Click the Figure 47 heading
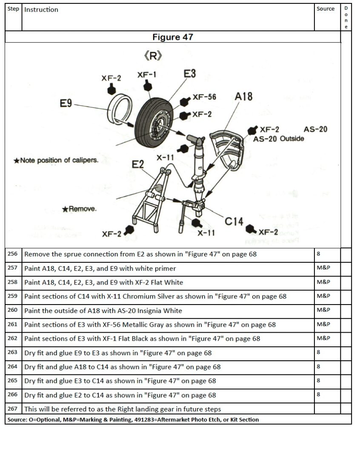tap(173, 37)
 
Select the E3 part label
tap(189, 74)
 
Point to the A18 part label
tap(243, 97)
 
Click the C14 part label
tap(234, 221)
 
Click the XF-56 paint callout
tap(204, 97)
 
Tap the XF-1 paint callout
tap(147, 75)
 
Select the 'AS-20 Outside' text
tap(279, 139)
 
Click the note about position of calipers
tap(56, 161)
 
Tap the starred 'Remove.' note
tap(79, 209)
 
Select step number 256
tap(13, 254)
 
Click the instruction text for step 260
tap(103, 310)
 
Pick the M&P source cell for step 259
tap(323, 296)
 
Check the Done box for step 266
tap(346, 395)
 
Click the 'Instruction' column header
tap(41, 10)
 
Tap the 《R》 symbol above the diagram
tap(153, 56)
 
